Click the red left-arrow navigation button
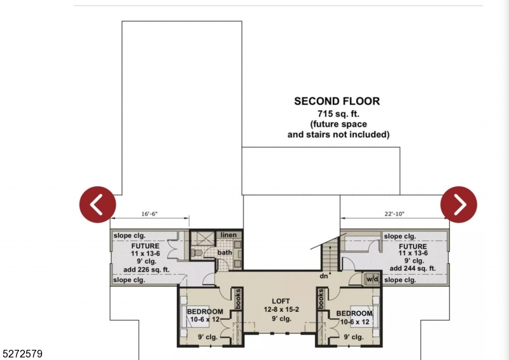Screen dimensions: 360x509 pos(97,204)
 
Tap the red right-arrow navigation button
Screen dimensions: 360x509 pos(459,204)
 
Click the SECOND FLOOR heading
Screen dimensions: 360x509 pos(337,101)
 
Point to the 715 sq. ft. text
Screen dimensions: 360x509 pos(337,113)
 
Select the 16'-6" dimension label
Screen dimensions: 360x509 pos(150,215)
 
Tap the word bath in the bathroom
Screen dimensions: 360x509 pos(225,253)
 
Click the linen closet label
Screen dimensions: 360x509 pos(228,235)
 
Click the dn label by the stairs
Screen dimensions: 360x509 pos(324,277)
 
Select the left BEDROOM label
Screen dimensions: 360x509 pos(205,312)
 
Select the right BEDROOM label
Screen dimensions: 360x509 pos(354,314)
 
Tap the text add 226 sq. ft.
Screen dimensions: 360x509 pos(146,268)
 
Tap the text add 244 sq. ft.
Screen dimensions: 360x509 pos(414,268)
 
